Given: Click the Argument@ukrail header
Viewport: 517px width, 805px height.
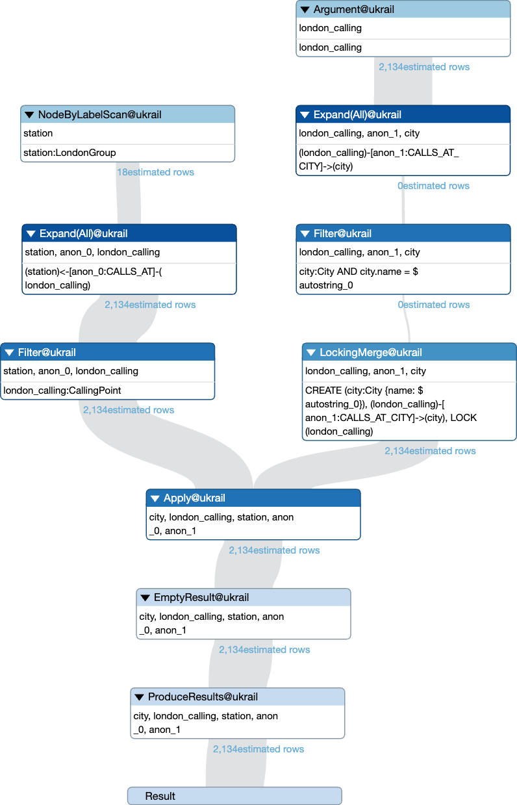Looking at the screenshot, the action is (403, 9).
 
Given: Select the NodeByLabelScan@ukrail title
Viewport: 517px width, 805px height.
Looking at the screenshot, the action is (99, 114).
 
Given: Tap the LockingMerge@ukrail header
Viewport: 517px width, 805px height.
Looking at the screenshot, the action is (409, 352).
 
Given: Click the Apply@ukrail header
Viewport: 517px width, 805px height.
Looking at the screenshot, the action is (253, 498).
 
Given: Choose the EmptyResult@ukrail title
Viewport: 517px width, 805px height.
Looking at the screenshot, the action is (201, 597).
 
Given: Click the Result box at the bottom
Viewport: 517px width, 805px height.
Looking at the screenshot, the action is (234, 796).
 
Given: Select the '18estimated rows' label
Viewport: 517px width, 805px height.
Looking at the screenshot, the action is (156, 172).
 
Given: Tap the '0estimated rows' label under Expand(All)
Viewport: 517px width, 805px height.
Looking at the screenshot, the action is (433, 186).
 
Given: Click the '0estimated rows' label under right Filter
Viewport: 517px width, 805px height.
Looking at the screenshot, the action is (434, 305).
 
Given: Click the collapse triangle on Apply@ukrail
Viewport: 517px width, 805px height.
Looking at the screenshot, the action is (155, 498).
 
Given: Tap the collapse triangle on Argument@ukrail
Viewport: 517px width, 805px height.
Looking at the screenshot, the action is (305, 10).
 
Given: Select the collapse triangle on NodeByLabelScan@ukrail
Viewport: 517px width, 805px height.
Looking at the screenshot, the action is (29, 115).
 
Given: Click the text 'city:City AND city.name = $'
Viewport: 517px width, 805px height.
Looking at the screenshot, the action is (359, 272).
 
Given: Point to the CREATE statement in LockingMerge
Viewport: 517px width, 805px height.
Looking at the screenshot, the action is (391, 411).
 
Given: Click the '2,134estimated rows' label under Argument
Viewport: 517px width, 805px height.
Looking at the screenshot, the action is (424, 67).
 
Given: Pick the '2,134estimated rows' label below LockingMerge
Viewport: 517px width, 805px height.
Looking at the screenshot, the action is (430, 451).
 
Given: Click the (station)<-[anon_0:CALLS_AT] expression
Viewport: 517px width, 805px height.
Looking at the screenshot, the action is (94, 279).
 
